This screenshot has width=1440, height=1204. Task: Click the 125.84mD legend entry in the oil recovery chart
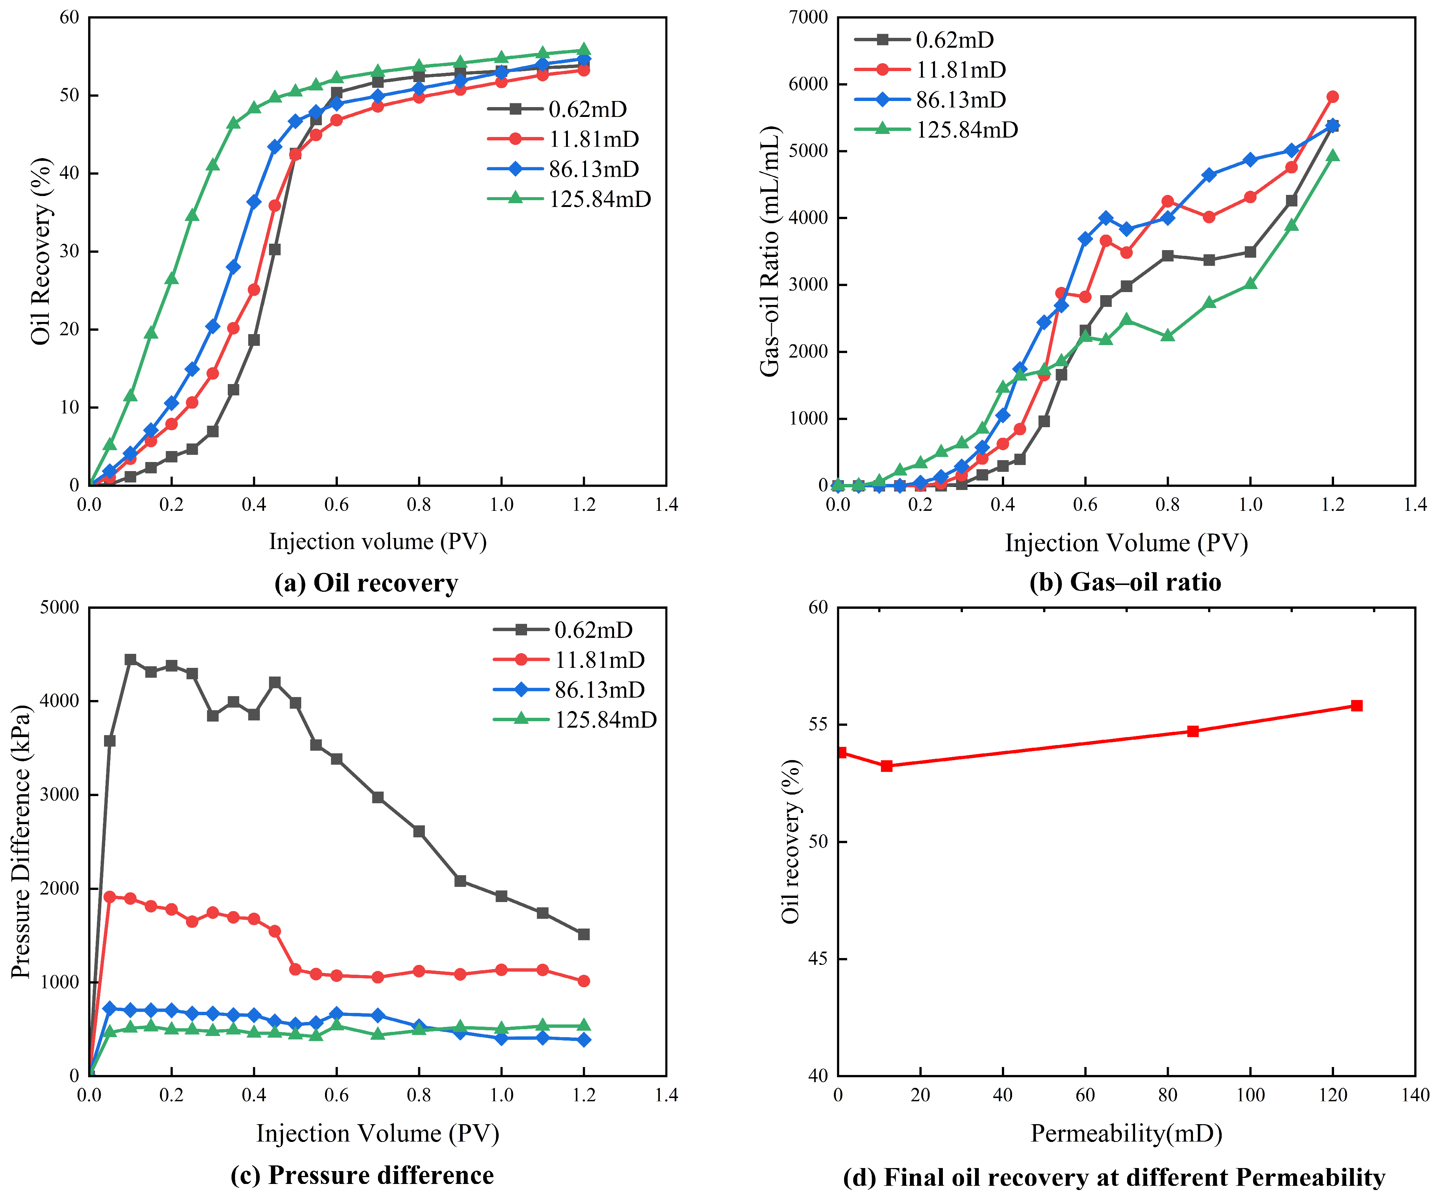(x=569, y=199)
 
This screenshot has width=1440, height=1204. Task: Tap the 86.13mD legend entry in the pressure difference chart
(x=569, y=690)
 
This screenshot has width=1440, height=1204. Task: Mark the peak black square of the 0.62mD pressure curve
(x=130, y=660)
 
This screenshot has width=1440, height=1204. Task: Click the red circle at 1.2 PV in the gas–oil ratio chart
(x=1332, y=97)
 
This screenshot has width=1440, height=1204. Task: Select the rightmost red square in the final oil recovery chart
(x=1356, y=706)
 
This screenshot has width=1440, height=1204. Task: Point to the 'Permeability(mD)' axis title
(x=1127, y=1133)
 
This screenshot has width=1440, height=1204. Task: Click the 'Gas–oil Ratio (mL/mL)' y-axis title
(x=771, y=251)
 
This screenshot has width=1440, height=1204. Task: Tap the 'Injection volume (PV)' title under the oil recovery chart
(x=378, y=542)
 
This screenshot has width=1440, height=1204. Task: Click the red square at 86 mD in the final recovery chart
(x=1193, y=731)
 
